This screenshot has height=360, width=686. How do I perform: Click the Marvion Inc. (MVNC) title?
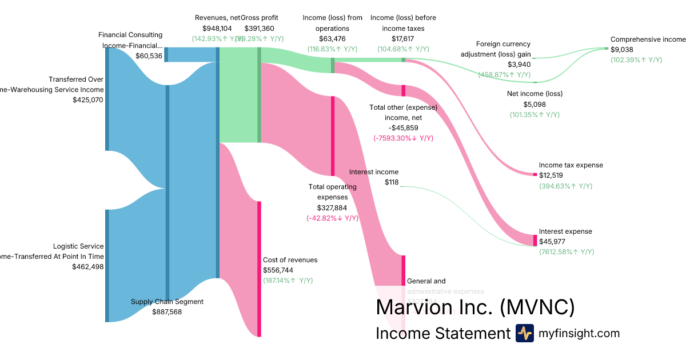475,307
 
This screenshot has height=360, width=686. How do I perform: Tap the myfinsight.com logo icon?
524,333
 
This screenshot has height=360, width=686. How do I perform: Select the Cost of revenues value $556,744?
278,270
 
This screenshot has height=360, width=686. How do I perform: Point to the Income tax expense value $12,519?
553,175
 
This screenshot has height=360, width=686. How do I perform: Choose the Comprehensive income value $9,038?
623,50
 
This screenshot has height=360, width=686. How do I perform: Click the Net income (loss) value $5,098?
535,105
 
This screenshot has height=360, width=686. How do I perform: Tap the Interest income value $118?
392,182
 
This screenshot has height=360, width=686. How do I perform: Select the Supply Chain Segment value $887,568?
167,312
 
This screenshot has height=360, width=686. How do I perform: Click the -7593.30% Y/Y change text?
403,138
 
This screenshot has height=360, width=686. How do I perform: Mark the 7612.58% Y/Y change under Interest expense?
567,252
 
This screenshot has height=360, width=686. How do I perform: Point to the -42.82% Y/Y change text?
332,218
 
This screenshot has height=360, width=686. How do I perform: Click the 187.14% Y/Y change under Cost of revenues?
288,281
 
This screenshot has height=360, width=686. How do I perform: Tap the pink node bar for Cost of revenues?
259,269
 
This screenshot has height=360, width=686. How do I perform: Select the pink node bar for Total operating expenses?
332,136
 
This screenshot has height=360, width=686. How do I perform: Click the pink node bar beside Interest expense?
535,240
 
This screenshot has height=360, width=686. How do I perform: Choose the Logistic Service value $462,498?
87,266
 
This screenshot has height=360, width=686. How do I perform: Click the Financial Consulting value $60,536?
149,56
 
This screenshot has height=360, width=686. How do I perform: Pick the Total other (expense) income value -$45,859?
403,128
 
